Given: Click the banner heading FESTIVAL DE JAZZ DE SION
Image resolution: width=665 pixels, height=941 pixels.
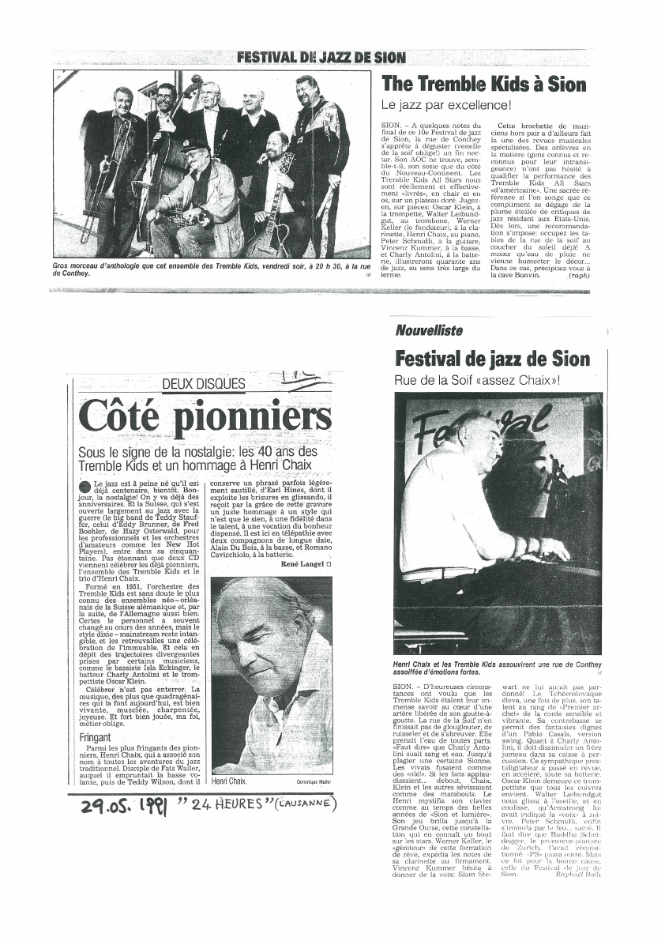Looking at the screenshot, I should pyautogui.click(x=321, y=58).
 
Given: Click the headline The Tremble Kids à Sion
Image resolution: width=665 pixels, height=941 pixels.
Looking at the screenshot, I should pyautogui.click(x=483, y=85).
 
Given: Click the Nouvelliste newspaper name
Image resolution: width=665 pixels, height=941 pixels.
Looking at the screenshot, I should pyautogui.click(x=429, y=332).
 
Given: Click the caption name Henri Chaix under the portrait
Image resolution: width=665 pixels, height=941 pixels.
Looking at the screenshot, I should pyautogui.click(x=230, y=781).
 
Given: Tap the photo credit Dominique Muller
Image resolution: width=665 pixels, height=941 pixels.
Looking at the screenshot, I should pyautogui.click(x=315, y=781).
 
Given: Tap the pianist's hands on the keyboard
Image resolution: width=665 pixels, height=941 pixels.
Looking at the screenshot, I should pyautogui.click(x=537, y=549).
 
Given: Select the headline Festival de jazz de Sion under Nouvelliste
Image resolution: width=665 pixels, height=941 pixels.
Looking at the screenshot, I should pyautogui.click(x=491, y=359).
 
